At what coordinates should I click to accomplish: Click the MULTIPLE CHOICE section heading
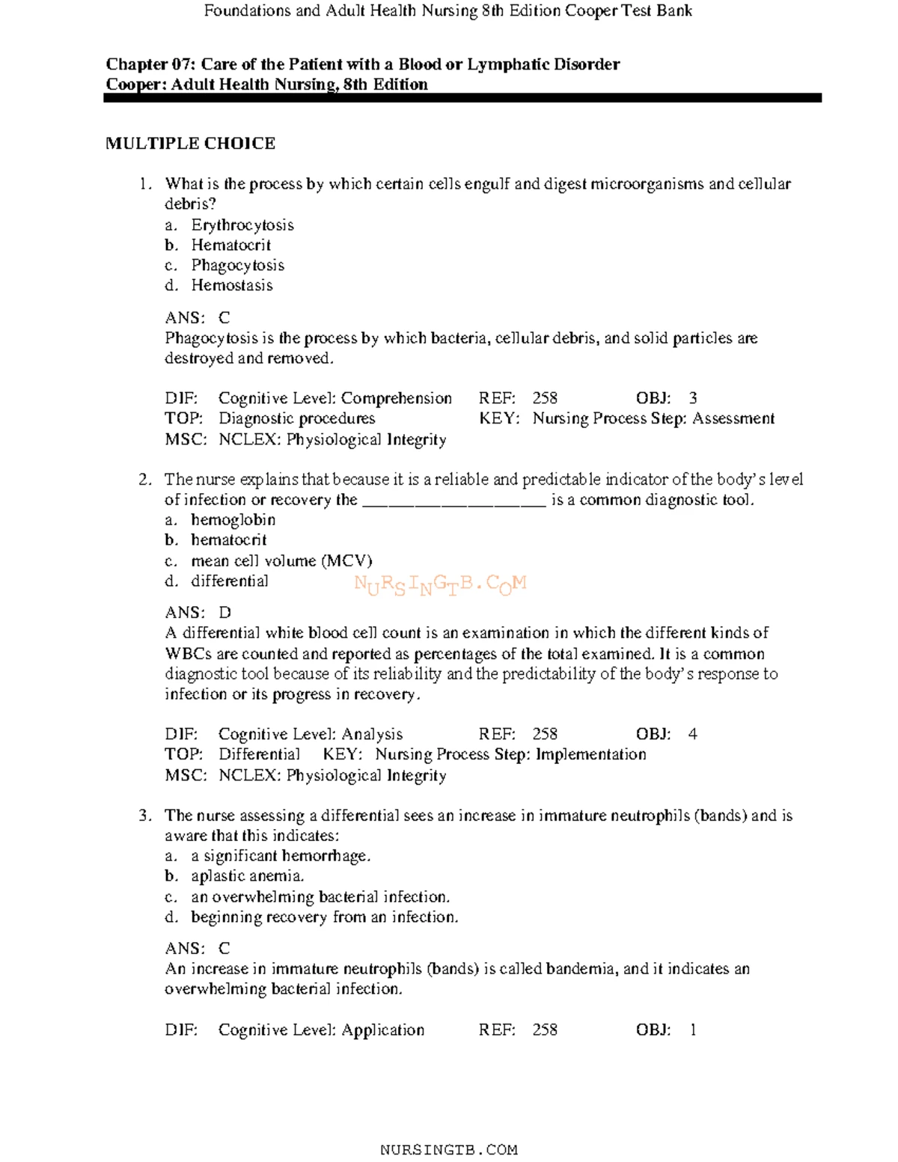(190, 144)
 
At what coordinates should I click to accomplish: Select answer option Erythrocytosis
(242, 225)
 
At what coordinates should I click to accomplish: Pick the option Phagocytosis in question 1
(237, 266)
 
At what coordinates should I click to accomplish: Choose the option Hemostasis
(231, 286)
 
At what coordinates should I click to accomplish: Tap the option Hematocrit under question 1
(230, 245)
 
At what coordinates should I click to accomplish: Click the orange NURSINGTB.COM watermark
(440, 584)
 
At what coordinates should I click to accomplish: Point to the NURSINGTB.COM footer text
(448, 1149)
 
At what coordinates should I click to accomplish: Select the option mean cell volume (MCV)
(281, 561)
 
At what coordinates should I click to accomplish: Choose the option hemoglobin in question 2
(233, 520)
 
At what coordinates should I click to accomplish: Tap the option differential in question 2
(229, 581)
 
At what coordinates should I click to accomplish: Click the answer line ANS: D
(198, 613)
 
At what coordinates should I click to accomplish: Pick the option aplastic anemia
(247, 876)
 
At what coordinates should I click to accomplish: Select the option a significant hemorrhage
(281, 856)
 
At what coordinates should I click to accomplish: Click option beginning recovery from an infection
(324, 917)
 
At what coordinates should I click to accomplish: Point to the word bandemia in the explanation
(581, 969)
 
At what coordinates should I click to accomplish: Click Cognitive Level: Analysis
(310, 735)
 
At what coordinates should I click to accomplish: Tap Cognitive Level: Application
(321, 1030)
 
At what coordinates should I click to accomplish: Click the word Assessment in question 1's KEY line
(733, 419)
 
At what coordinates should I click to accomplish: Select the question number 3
(144, 816)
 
